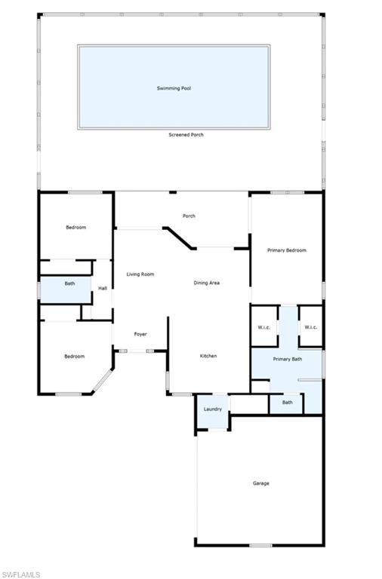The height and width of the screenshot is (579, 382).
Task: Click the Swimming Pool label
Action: [x=174, y=88]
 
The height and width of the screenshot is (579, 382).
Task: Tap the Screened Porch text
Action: [x=186, y=135]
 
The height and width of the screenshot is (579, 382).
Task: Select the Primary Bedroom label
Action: [x=287, y=250]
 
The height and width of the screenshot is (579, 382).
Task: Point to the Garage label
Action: [x=260, y=483]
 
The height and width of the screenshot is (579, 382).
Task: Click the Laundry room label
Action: [x=213, y=409]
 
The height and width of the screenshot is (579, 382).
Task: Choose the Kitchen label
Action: [x=208, y=356]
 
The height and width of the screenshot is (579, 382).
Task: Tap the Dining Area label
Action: [x=206, y=283]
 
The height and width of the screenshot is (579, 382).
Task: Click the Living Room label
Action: [x=140, y=274]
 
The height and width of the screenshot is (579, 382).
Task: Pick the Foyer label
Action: [x=140, y=334]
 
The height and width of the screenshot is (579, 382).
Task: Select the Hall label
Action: [x=103, y=287]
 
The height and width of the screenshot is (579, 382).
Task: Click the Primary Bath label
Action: [x=287, y=360]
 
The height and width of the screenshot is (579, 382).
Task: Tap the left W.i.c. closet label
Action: [x=264, y=327]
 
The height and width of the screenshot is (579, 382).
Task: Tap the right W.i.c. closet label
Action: [x=311, y=327]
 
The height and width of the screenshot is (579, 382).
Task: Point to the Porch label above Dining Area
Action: [x=189, y=216]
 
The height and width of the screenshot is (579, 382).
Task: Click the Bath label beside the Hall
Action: [x=69, y=283]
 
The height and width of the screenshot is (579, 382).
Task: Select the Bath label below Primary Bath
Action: [x=288, y=403]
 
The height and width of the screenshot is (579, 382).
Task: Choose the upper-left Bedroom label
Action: [x=75, y=228]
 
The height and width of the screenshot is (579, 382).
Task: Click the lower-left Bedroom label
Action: [x=74, y=357]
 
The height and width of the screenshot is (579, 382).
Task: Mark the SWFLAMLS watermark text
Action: [x=20, y=574]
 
